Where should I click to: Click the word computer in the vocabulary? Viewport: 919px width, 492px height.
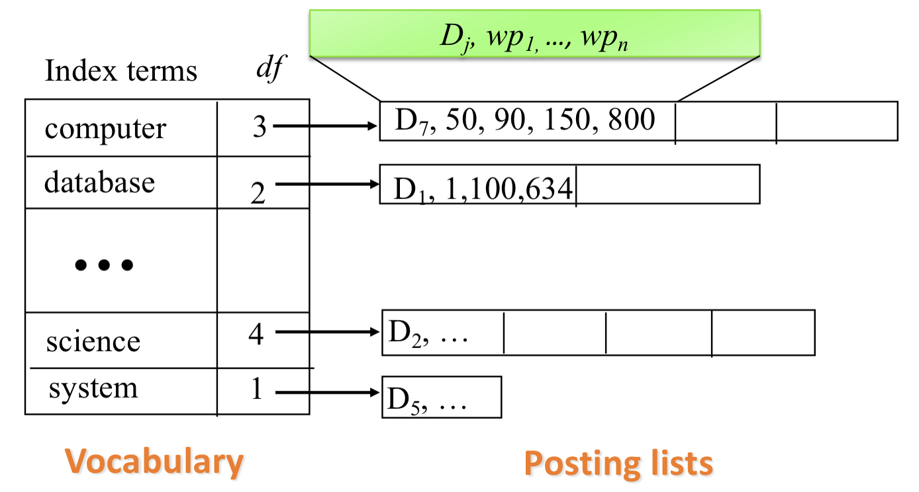105,129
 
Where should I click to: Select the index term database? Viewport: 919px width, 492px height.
99,183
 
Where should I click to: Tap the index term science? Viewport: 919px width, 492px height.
93,342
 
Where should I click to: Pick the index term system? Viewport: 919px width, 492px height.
93,388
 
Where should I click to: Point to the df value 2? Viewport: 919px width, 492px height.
258,193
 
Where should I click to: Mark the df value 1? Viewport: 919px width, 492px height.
257,389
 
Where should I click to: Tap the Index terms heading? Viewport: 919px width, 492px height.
121,71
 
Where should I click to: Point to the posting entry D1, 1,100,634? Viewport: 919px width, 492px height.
482,189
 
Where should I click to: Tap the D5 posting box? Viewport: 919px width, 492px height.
441,397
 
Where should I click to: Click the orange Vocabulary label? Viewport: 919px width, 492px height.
154,462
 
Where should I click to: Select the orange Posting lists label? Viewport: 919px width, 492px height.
618,463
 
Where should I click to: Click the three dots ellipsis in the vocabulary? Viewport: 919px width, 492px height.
104,265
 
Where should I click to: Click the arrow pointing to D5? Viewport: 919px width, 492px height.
327,393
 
